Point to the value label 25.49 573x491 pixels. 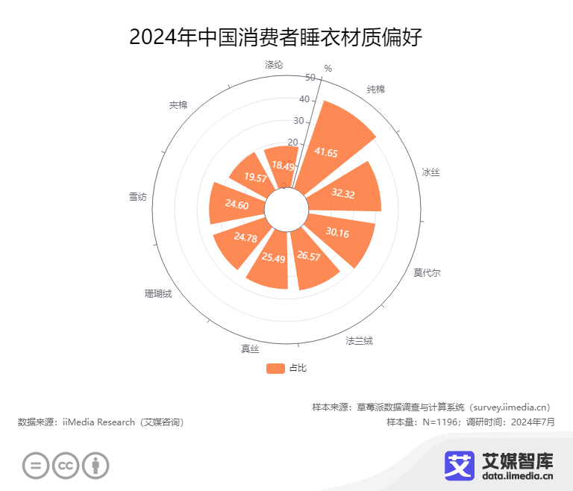[x=274, y=258]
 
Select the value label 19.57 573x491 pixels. [x=255, y=178]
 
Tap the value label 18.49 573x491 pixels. [x=283, y=165]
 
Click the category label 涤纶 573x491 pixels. [x=274, y=64]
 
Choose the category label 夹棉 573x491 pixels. [x=178, y=104]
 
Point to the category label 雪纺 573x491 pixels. [x=137, y=197]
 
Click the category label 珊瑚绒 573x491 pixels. [x=158, y=293]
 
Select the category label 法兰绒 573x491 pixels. [x=359, y=341]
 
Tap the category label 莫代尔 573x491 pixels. [x=427, y=272]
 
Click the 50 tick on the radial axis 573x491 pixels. [x=310, y=78]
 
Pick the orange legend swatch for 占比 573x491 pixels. [x=275, y=368]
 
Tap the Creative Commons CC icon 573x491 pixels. [x=66, y=466]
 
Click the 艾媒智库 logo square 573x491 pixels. [x=460, y=466]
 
